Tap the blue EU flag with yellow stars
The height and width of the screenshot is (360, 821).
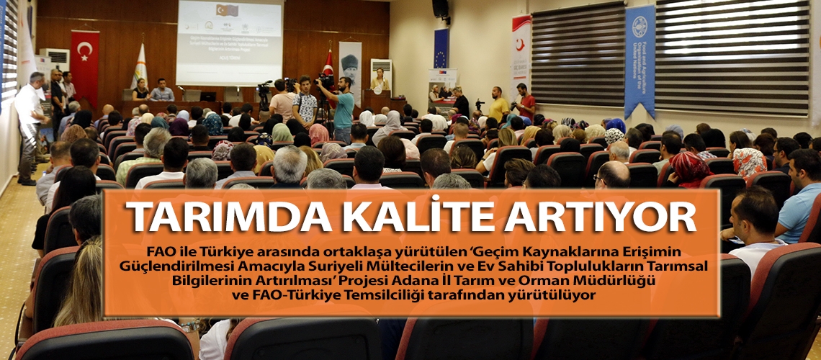(440, 49)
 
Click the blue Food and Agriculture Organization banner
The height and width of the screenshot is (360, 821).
(639, 60)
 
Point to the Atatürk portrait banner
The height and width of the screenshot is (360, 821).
(350, 71)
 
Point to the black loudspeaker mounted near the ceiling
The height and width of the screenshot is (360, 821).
(440, 9)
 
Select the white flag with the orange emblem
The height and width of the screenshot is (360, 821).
(140, 66)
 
